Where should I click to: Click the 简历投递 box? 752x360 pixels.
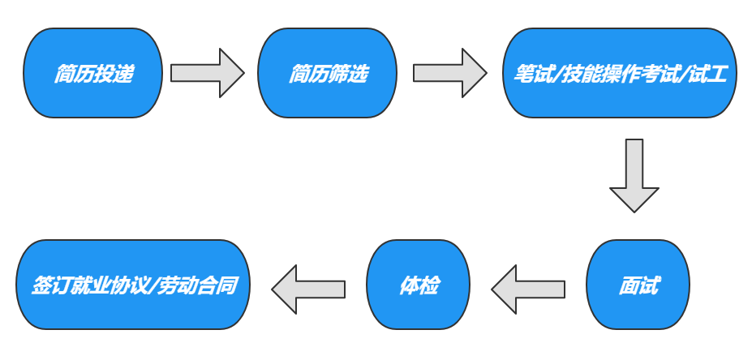click(x=93, y=73)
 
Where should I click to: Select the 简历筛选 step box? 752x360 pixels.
click(x=327, y=73)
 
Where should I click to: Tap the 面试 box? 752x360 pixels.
click(x=638, y=285)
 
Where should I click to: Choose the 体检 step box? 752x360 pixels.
click(x=419, y=285)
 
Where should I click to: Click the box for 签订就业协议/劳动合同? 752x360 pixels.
click(x=132, y=285)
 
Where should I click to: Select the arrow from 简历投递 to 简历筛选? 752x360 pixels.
click(x=207, y=73)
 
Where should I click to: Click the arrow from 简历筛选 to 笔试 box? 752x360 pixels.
click(x=449, y=73)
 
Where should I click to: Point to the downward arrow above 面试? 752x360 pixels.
click(x=634, y=175)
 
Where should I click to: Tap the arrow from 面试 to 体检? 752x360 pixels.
click(x=528, y=289)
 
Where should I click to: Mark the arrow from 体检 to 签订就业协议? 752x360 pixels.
click(x=308, y=289)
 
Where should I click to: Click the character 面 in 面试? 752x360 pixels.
click(x=628, y=286)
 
